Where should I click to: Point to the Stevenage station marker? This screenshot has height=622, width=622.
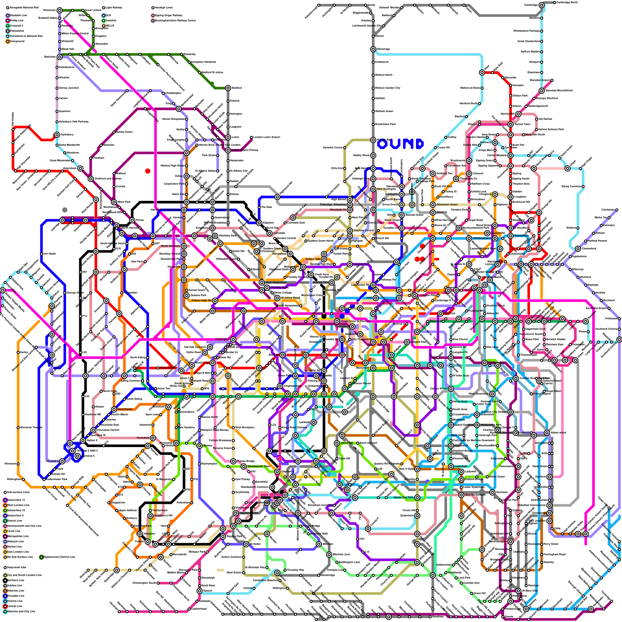click(x=373, y=49)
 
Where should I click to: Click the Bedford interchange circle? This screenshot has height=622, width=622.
click(x=228, y=88)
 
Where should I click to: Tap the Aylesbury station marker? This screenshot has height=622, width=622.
click(x=57, y=135)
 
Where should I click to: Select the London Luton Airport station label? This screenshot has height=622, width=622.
click(x=266, y=137)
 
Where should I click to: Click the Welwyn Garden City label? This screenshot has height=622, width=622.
click(x=387, y=88)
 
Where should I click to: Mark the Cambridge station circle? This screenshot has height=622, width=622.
click(x=542, y=5)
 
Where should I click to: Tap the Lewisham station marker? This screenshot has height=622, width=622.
click(x=451, y=466)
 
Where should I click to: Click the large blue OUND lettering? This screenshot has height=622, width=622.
click(x=400, y=144)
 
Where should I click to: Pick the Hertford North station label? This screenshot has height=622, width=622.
click(x=468, y=104)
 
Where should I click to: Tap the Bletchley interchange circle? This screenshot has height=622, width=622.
click(x=59, y=57)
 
